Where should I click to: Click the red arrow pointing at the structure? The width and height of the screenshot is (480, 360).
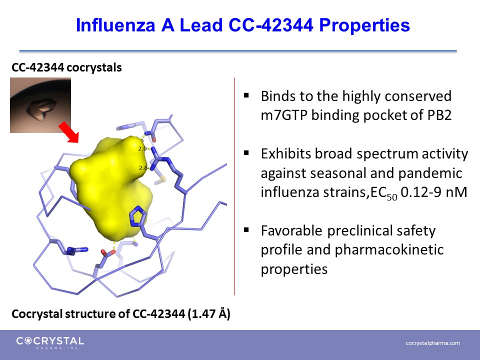tap(69, 132)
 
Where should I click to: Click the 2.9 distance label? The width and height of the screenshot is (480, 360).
tap(142, 149)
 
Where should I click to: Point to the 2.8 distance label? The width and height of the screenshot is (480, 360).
tap(143, 168)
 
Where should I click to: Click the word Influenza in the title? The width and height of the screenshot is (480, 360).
tap(115, 25)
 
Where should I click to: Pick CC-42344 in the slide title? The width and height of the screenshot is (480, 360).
tap(271, 25)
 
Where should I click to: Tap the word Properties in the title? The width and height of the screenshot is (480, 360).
tap(364, 25)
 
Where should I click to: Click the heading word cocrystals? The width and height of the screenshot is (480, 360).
tap(94, 67)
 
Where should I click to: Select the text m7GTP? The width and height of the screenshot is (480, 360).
tap(284, 115)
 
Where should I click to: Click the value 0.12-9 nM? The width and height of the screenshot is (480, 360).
tap(434, 192)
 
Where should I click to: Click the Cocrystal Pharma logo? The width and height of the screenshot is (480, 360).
tap(50, 342)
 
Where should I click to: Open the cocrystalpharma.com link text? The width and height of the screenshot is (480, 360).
tap(433, 343)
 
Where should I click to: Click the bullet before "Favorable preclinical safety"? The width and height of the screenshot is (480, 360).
tap(246, 230)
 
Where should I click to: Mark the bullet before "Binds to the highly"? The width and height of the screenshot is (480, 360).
tap(246, 95)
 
